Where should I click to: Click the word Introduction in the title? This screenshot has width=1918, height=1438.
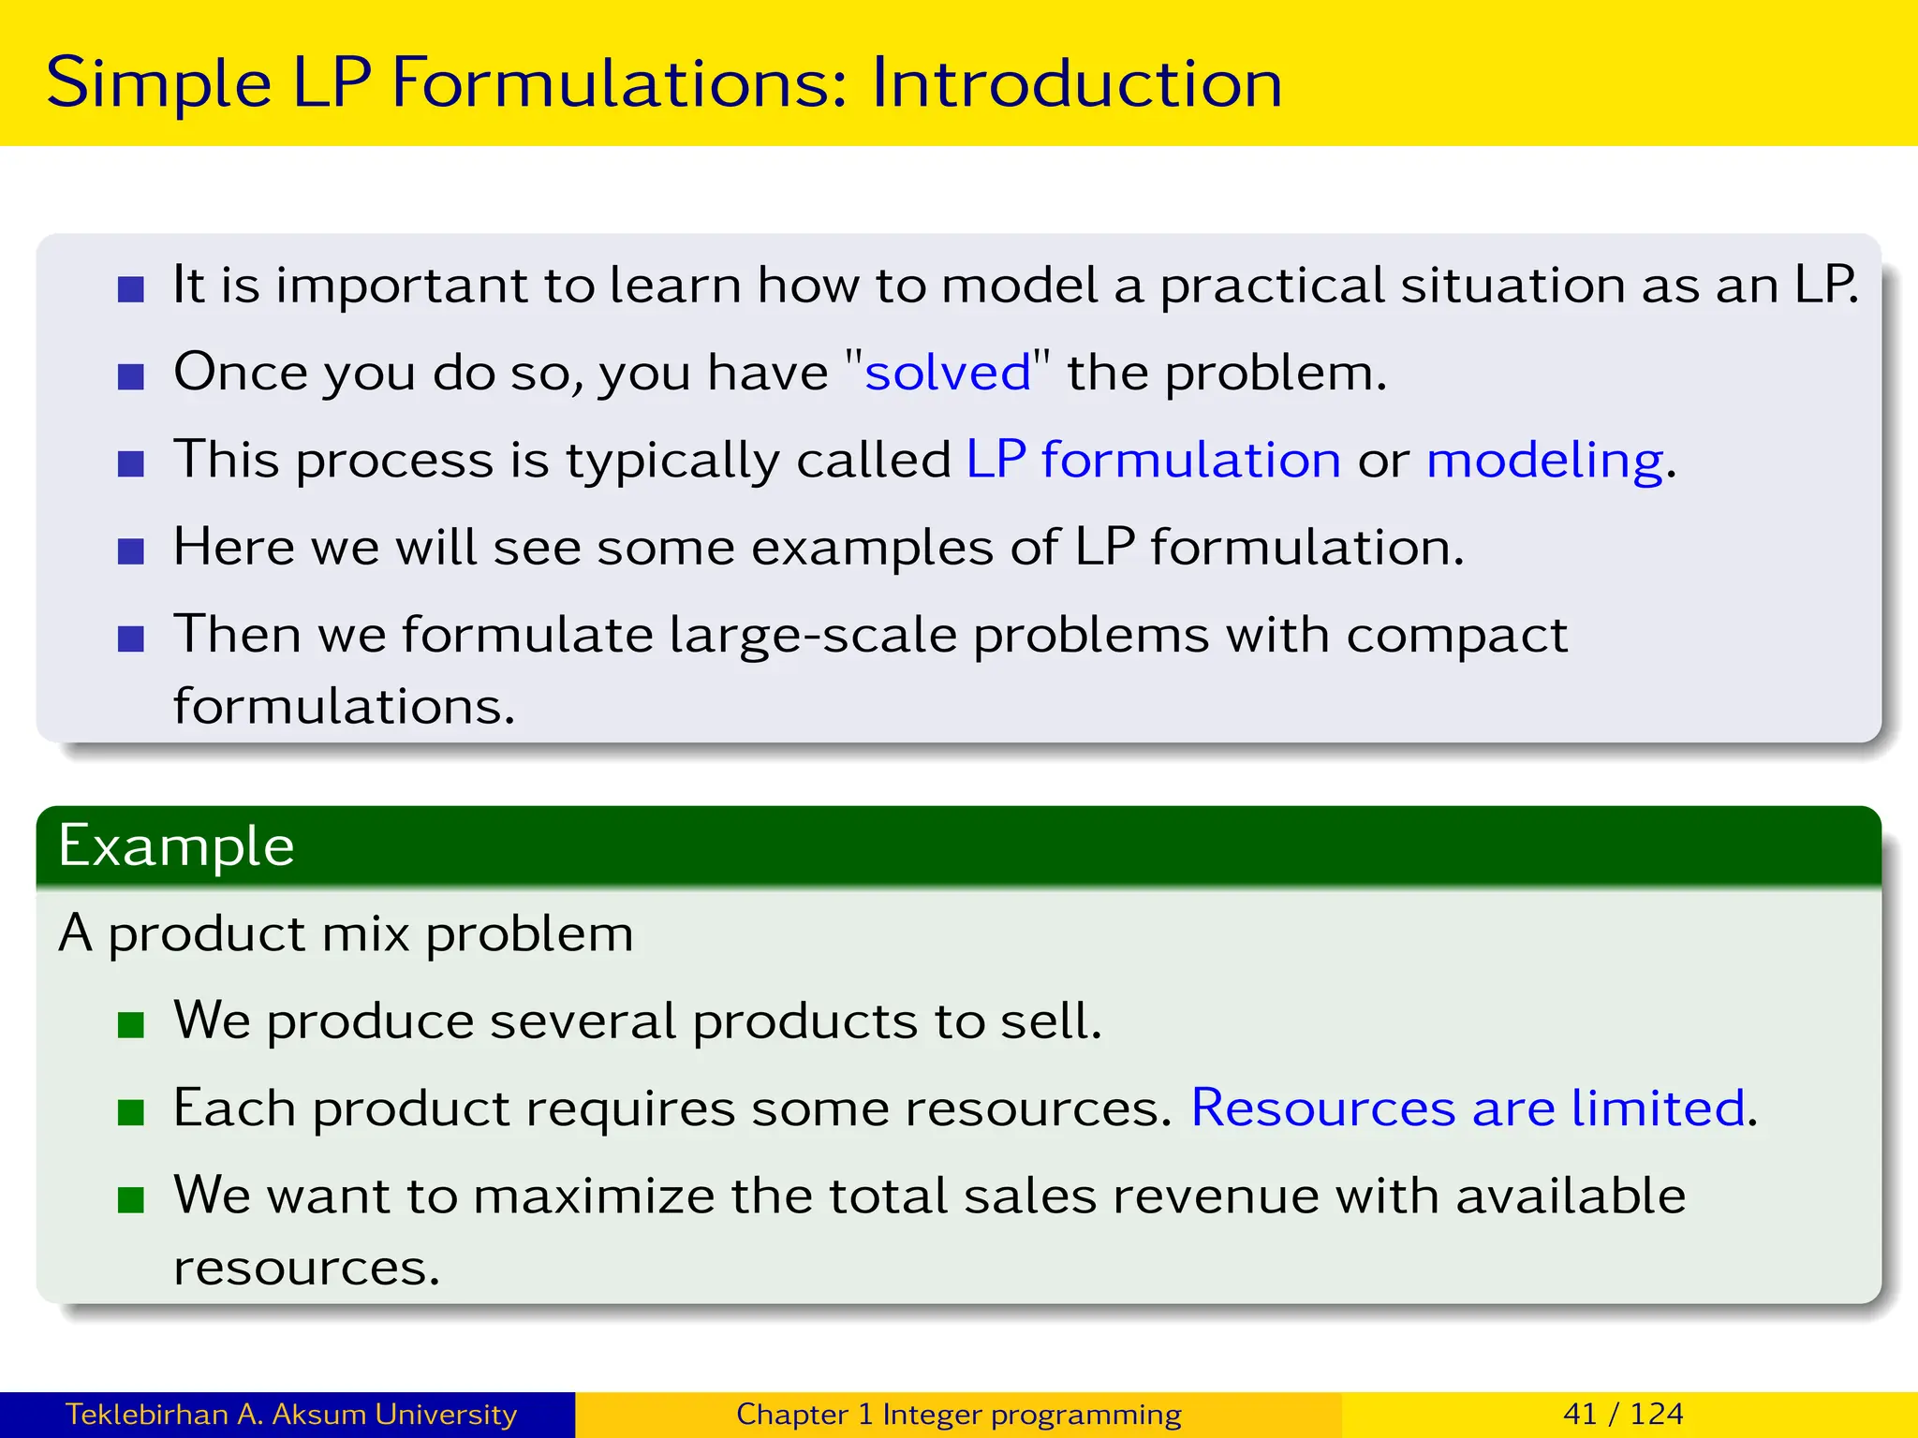1077,82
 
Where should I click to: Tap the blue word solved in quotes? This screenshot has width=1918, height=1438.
947,373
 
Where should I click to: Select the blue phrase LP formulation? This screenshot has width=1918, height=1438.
1153,460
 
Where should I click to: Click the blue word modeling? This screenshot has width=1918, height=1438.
1544,461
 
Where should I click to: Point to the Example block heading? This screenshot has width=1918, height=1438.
176,846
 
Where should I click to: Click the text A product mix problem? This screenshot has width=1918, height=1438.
346,934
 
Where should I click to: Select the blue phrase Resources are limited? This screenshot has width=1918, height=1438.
1468,1108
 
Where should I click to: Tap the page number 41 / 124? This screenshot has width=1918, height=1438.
1623,1414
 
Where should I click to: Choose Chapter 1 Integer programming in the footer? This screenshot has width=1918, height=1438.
958,1414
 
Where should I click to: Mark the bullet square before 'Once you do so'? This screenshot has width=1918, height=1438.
131,376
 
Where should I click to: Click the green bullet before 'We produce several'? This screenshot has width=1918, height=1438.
131,1025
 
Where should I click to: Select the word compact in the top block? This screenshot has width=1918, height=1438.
1456,637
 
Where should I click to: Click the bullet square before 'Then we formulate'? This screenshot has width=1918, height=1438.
131,638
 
